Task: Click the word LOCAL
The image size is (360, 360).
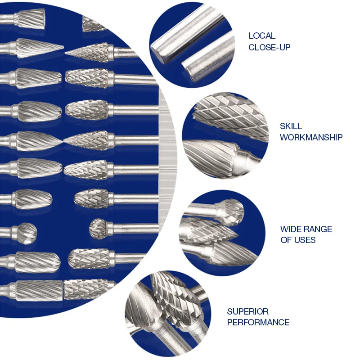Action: tap(262, 36)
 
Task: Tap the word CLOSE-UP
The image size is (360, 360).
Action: tap(270, 47)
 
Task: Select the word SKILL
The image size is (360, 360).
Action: tap(291, 126)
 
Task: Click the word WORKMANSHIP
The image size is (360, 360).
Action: tap(311, 137)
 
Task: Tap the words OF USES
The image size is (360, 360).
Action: tap(298, 240)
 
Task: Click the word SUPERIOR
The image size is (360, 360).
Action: tap(247, 311)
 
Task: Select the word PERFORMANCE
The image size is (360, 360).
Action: tap(258, 322)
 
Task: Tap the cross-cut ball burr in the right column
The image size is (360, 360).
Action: tap(99, 228)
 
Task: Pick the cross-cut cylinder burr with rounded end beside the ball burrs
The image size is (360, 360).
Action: tap(87, 258)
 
